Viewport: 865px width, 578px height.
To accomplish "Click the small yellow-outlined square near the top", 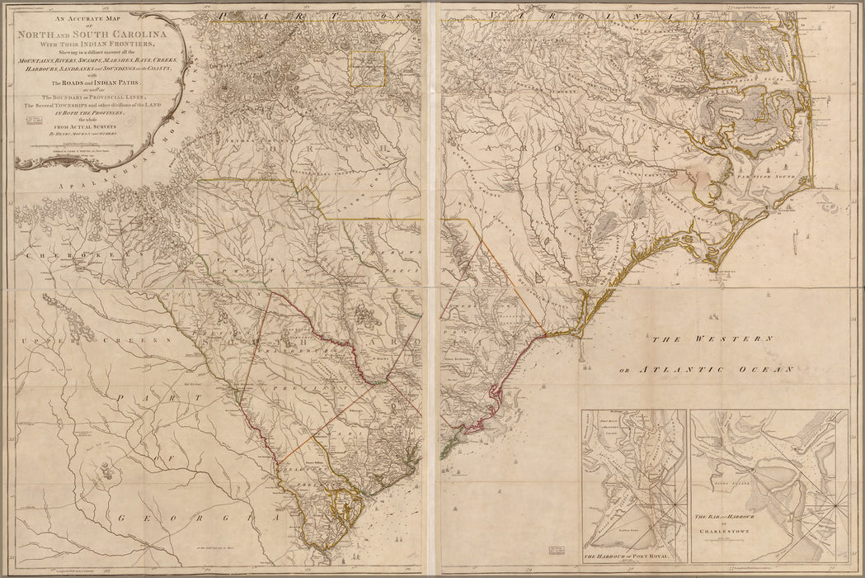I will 368,68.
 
